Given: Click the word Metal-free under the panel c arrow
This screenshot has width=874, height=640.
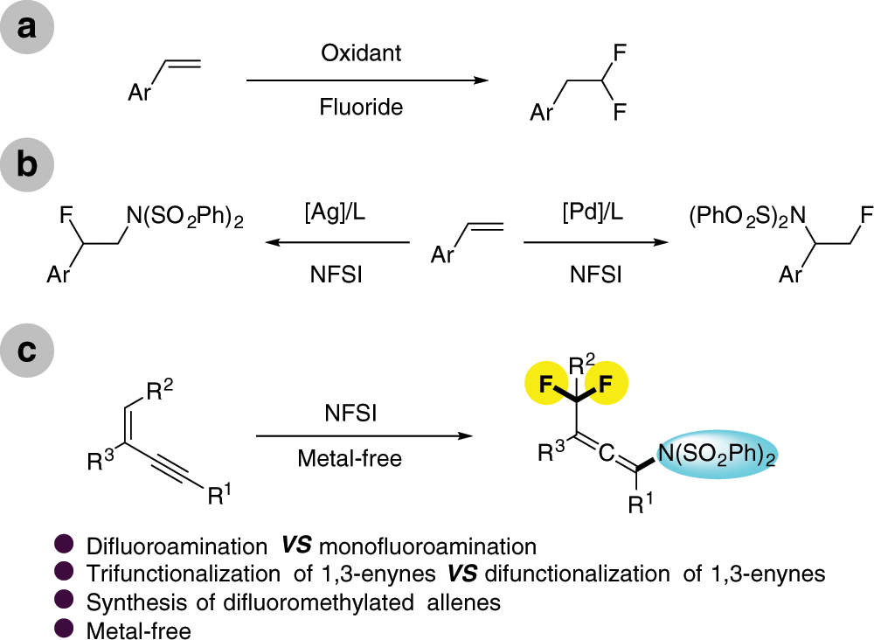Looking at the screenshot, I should [x=350, y=459].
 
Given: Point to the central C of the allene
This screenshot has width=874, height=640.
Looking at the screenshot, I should [x=610, y=456].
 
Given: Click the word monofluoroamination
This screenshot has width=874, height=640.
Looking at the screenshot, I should [x=427, y=547].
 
